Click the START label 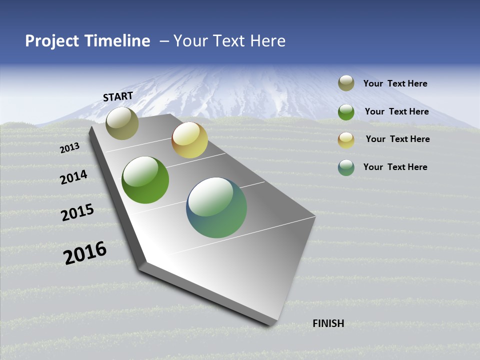tap(118, 96)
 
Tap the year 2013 tap(69, 148)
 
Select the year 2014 tap(73, 177)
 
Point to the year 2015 tap(77, 212)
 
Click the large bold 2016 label tap(85, 252)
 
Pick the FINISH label tap(328, 323)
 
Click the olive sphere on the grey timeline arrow tap(122, 123)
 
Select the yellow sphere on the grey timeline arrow tap(189, 140)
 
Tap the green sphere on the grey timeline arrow tap(145, 180)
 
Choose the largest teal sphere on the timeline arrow tap(216, 207)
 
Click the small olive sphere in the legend tap(346, 83)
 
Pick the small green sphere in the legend tap(346, 111)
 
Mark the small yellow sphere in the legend tap(346, 139)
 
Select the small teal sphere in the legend tap(346, 167)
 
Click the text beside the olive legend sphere tap(395, 83)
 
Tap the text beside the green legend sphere tap(396, 111)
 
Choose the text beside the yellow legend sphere tap(397, 139)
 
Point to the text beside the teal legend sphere tap(395, 167)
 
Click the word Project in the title tap(52, 41)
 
